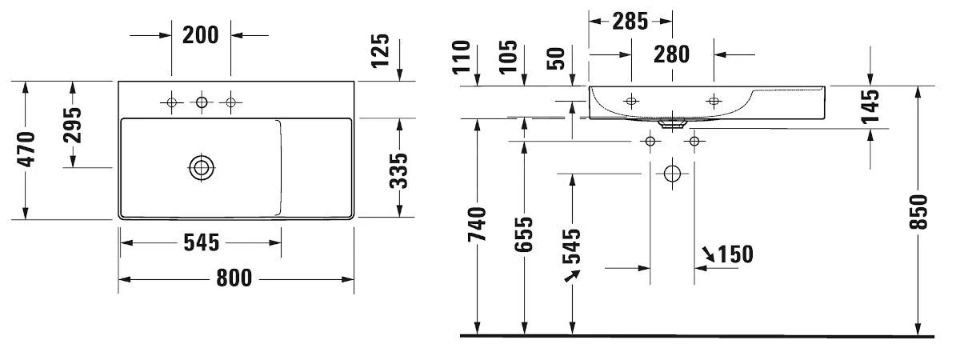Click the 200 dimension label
point(201,35)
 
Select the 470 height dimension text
point(26,150)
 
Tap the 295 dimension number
point(73,125)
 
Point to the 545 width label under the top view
point(200,242)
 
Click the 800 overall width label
point(233,278)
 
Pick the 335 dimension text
point(399,170)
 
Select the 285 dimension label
point(630,22)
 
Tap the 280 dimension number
point(671,54)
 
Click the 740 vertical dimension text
point(478,226)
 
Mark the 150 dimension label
point(735,254)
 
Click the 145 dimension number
point(871,106)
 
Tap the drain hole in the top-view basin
point(201,167)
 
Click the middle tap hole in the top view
point(201,102)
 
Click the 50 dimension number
point(558,58)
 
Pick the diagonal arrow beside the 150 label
point(709,254)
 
